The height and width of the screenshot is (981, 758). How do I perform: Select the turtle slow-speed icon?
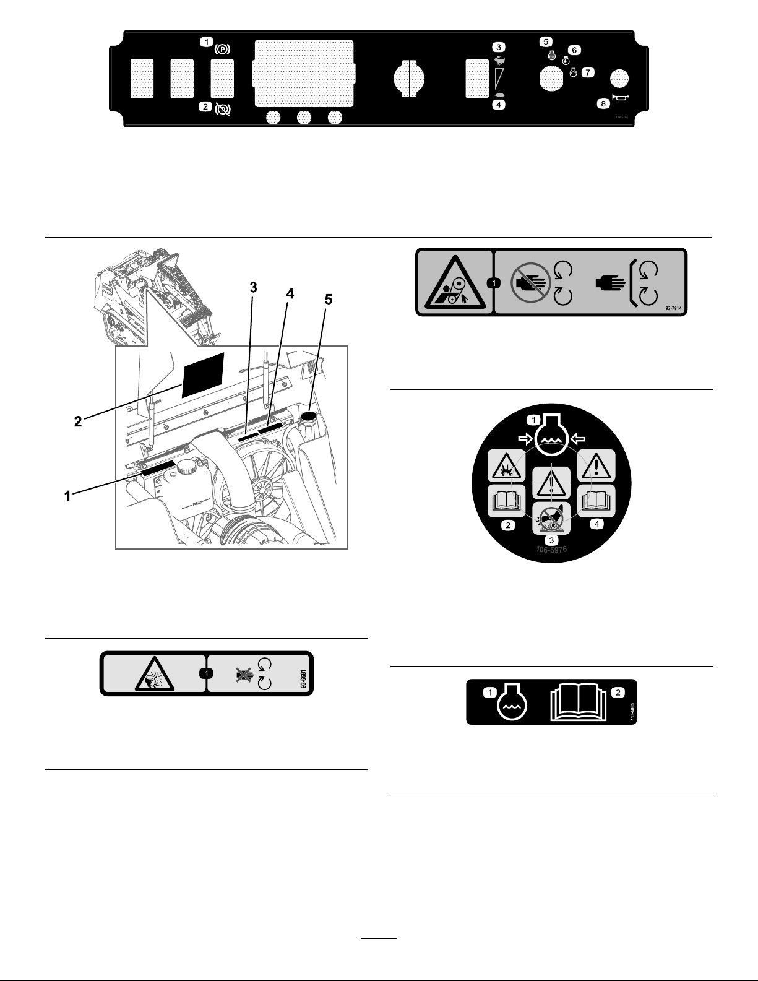pos(499,94)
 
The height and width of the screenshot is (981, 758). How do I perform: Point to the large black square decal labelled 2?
pos(203,376)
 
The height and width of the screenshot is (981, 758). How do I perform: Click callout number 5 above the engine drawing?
pos(329,300)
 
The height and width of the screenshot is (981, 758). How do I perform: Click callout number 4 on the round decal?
pos(596,524)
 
